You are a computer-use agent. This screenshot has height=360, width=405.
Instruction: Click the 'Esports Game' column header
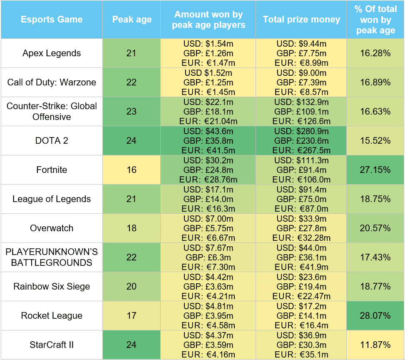click(52, 20)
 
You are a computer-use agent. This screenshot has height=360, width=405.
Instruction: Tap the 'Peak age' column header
click(132, 20)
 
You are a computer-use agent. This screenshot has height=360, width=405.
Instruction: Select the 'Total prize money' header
click(301, 20)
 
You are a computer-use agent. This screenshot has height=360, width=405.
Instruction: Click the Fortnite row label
click(52, 170)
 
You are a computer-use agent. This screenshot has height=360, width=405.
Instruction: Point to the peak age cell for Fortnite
click(132, 170)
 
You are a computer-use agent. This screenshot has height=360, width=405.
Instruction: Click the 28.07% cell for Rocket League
click(375, 315)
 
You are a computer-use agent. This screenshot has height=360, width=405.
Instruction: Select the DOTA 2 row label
click(52, 140)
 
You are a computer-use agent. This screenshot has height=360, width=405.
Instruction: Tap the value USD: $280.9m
click(301, 131)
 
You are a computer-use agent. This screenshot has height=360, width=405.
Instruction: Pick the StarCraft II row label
click(52, 345)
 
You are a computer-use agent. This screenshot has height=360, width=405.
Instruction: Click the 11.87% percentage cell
click(375, 345)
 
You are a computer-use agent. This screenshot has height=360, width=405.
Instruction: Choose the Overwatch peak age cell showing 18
click(132, 228)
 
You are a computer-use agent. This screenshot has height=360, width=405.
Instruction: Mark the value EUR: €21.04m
click(209, 121)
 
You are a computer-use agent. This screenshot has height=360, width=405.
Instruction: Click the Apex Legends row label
click(52, 53)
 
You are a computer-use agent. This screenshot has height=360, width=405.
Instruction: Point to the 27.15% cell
click(375, 170)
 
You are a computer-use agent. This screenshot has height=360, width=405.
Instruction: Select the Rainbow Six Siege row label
click(52, 286)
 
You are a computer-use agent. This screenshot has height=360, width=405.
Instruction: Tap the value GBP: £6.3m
click(209, 257)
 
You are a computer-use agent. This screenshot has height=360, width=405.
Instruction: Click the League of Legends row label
click(52, 199)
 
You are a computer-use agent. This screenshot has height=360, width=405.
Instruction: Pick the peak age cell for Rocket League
click(132, 315)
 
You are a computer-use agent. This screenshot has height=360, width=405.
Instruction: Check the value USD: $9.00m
click(301, 73)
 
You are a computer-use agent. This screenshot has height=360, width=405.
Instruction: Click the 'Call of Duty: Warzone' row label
click(52, 82)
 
